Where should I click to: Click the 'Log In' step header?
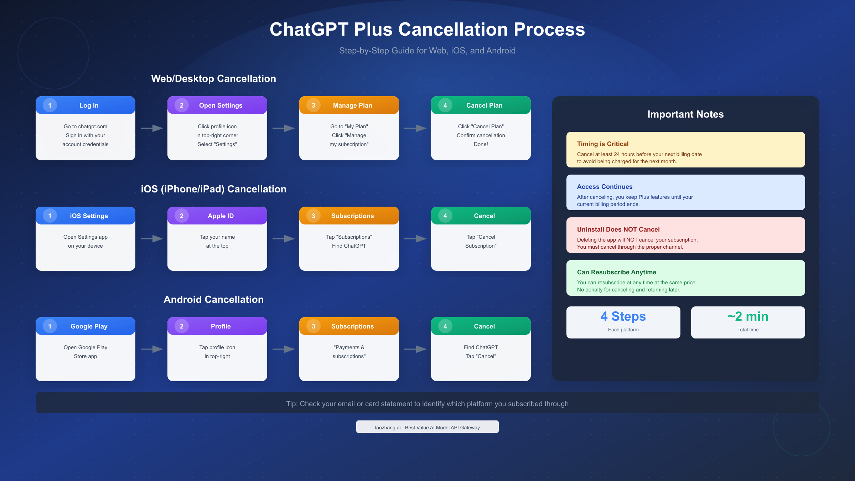89,105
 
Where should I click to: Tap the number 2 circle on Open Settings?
181,105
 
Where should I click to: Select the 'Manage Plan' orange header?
352,105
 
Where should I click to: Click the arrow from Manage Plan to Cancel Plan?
415,128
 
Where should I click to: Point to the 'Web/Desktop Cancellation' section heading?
213,79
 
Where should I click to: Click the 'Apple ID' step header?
221,216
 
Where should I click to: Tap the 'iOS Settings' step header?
89,216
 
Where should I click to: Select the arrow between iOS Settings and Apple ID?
151,239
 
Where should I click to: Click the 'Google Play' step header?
89,326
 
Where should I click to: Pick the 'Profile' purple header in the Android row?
221,326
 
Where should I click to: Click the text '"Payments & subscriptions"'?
349,352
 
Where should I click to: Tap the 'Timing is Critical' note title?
603,144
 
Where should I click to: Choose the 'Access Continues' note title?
605,187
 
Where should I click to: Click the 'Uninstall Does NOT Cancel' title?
618,229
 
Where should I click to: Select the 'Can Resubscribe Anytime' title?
616,272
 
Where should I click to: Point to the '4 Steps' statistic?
623,316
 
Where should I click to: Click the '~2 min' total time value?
748,316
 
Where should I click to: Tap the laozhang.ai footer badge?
427,427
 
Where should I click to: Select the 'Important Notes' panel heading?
685,114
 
